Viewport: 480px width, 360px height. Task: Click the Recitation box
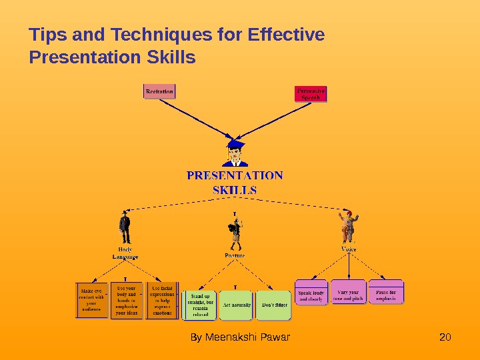160,91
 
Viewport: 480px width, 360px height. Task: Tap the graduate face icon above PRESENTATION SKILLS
235,153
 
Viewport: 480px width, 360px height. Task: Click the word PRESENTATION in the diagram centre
235,176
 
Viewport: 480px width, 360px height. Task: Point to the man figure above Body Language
124,228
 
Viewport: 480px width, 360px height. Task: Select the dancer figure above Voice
347,227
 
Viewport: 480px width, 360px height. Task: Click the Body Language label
125,253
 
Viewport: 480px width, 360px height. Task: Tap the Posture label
234,255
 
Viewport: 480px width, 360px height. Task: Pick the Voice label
349,249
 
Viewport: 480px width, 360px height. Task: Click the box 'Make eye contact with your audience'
91,300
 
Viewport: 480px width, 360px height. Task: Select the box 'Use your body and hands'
126,300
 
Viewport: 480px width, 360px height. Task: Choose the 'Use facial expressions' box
162,300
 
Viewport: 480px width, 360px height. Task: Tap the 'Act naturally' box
236,305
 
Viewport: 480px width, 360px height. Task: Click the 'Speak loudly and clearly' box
311,295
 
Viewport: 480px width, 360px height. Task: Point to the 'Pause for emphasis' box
386,295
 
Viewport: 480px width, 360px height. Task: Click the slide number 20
445,337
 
